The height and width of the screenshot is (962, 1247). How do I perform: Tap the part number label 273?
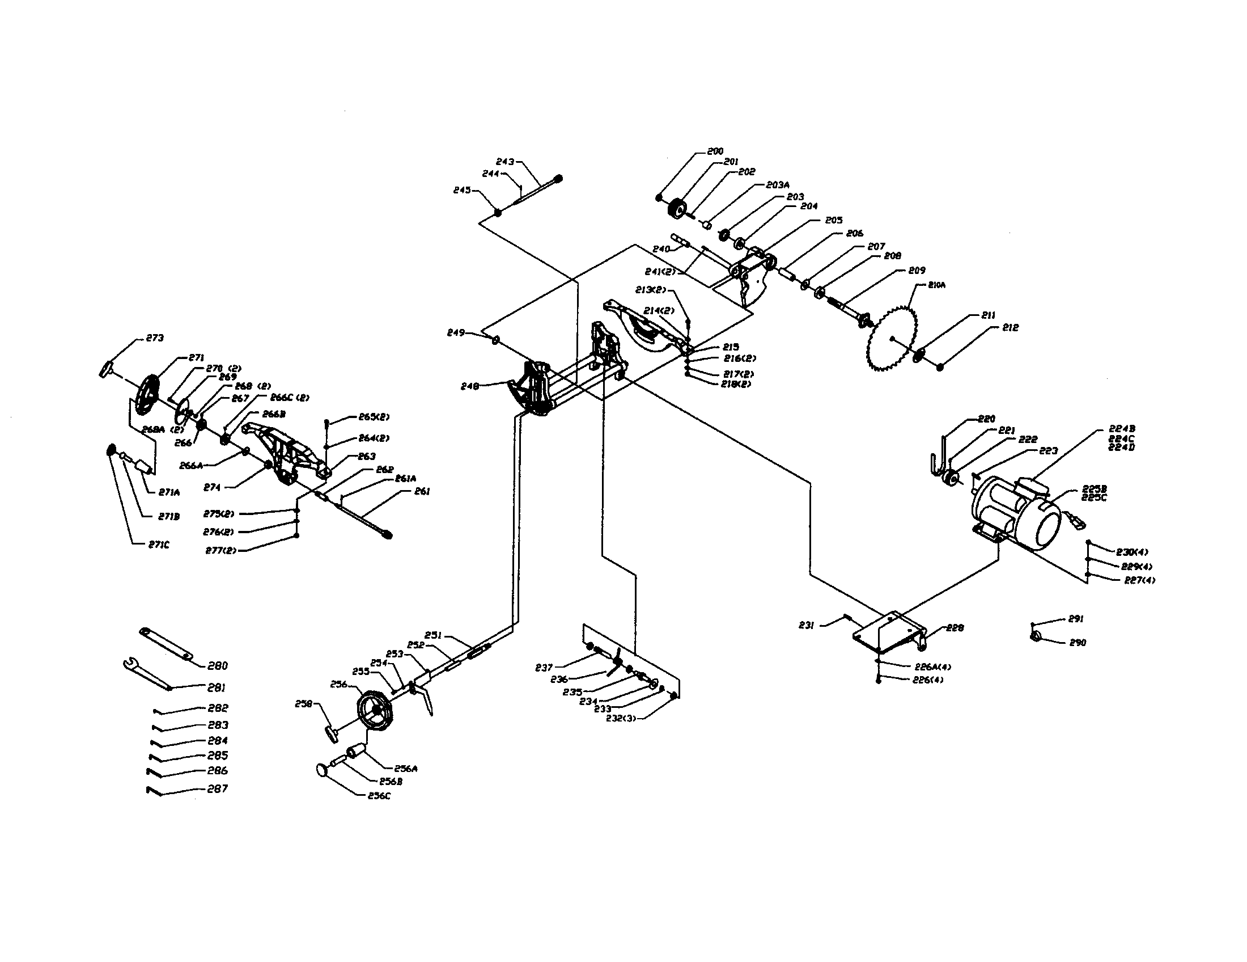click(x=155, y=338)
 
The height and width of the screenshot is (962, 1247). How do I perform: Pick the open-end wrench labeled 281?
click(x=146, y=674)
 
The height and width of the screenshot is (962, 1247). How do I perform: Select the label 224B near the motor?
click(x=1121, y=428)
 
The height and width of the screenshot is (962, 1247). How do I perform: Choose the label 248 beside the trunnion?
click(x=470, y=387)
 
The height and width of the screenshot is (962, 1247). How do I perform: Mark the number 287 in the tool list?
click(x=217, y=788)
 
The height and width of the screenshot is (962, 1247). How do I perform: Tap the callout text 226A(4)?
click(x=932, y=666)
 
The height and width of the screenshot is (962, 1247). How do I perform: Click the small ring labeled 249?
click(x=495, y=340)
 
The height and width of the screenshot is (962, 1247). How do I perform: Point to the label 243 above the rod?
click(x=505, y=162)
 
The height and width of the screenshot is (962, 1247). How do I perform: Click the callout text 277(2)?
click(x=220, y=550)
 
